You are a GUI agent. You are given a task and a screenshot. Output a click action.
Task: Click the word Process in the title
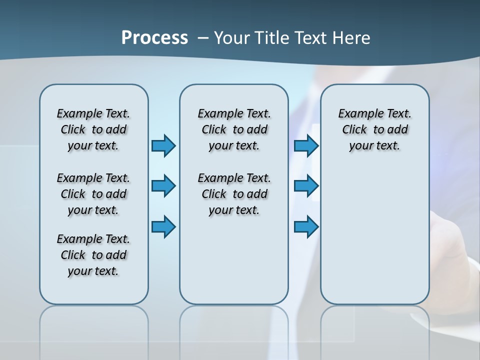coord(154,37)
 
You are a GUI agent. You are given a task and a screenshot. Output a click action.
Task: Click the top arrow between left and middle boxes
coord(163,145)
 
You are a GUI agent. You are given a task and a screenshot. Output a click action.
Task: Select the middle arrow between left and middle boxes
coord(163,186)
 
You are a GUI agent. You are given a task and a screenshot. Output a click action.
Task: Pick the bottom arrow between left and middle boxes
coord(163,226)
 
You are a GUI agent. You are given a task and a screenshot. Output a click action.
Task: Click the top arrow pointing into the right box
coord(306,145)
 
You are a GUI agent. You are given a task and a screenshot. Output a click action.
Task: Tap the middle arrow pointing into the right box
coord(306,186)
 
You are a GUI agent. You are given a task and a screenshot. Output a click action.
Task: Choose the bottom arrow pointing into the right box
coord(306,226)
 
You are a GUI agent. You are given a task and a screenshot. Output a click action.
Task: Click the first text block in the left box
coord(93,129)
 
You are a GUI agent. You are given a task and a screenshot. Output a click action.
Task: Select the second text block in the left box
coord(93,194)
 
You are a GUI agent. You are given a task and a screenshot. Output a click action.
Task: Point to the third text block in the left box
coord(93,255)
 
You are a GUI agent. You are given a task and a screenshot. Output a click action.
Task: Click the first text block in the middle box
coord(234,129)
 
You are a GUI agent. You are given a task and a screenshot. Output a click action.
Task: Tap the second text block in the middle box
coord(234,194)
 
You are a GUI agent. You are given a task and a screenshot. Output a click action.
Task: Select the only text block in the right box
coord(374,129)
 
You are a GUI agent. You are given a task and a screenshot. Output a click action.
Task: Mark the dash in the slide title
coord(203,38)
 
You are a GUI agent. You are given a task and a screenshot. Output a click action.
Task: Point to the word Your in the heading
coord(232,37)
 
